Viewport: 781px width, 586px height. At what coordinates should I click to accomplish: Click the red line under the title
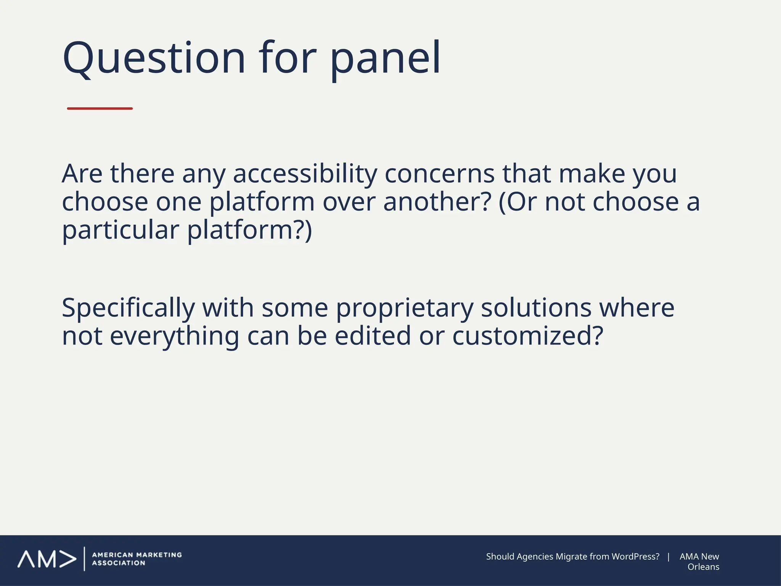(100, 109)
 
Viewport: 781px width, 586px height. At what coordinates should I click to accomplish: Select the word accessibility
(305, 174)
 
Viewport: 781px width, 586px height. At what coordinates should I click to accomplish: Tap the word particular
(121, 230)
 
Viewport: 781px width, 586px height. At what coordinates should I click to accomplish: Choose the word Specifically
(128, 308)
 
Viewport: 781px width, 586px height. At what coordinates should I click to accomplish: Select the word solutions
(536, 308)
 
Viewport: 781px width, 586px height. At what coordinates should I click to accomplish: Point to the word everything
(174, 336)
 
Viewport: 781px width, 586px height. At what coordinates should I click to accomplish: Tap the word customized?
(528, 336)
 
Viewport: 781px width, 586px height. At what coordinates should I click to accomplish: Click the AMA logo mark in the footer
(47, 559)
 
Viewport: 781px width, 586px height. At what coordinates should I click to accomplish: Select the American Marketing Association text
(137, 559)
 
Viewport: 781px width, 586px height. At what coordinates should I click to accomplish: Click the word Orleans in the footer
(703, 567)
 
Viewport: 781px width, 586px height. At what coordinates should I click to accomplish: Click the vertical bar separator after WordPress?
(669, 557)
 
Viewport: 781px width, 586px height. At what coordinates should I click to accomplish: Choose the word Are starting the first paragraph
(82, 174)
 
